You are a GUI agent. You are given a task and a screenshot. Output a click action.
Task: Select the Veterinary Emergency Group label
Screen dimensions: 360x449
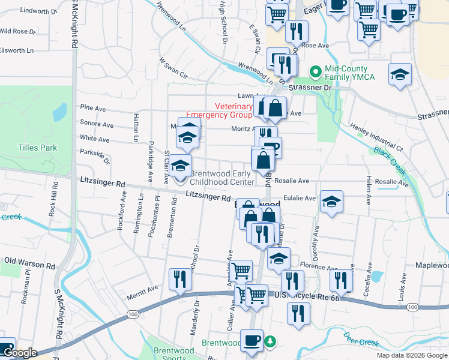[x=219, y=110]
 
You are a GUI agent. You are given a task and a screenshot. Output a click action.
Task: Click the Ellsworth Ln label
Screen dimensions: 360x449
[x=17, y=50]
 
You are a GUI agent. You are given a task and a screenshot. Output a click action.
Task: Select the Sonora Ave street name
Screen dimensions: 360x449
[x=97, y=125]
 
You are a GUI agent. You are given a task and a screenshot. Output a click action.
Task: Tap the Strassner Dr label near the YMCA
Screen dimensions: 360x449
[x=310, y=88]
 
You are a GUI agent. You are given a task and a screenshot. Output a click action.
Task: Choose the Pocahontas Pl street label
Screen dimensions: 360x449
[x=157, y=208]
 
